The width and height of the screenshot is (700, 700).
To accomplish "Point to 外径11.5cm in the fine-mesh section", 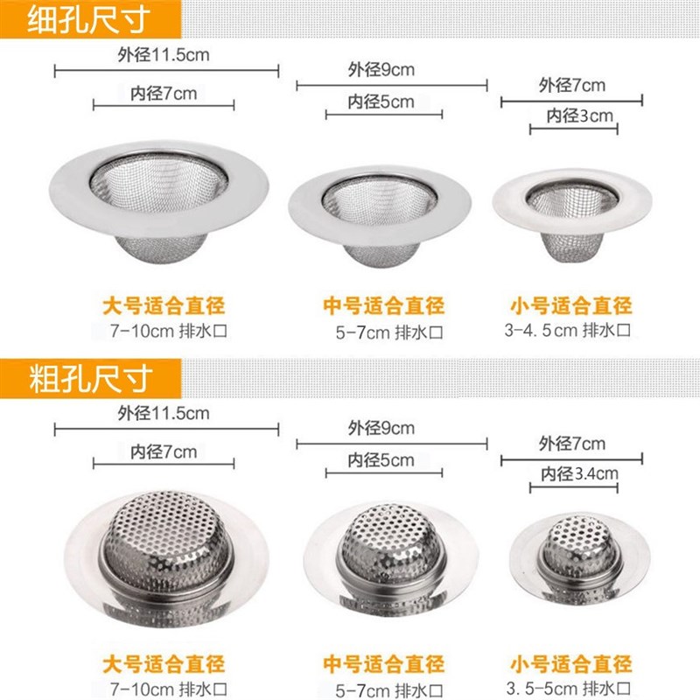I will coord(163,54).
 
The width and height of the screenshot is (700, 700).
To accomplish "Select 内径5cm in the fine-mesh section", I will coord(381,101).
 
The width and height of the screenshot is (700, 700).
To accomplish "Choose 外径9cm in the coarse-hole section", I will coord(381,428).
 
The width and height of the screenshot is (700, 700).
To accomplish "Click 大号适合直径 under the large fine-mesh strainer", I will coord(164,306).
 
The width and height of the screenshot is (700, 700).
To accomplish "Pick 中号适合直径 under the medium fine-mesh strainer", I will coord(383,306).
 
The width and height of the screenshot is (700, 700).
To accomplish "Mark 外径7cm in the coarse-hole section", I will coord(572,444).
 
